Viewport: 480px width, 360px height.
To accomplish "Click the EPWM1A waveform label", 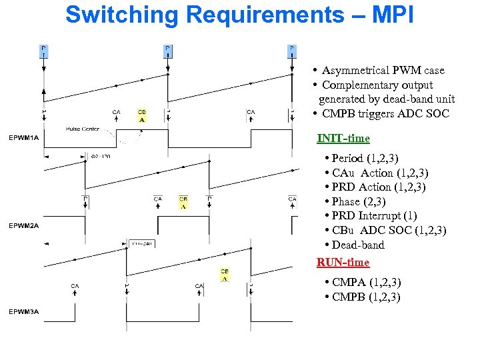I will click(x=24, y=138).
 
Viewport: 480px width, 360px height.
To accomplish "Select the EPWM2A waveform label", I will click(x=24, y=225).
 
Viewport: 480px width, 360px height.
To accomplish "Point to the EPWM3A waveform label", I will click(x=24, y=311).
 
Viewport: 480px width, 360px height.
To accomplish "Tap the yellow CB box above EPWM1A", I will click(x=142, y=115).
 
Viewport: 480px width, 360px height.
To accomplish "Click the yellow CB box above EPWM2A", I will click(x=183, y=202).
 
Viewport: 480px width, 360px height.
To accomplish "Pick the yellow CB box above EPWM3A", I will click(x=225, y=275).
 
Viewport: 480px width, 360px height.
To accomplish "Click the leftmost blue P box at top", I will click(x=44, y=51).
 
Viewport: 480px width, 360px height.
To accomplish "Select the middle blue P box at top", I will click(x=168, y=51).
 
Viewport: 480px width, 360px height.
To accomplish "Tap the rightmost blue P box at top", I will click(x=292, y=51).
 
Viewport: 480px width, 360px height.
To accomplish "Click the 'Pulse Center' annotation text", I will click(x=83, y=129).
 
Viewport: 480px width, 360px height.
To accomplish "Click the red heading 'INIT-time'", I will click(x=343, y=138).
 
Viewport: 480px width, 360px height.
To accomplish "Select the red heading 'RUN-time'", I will click(x=343, y=262).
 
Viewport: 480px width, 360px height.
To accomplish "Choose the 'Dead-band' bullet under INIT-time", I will click(x=357, y=245).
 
